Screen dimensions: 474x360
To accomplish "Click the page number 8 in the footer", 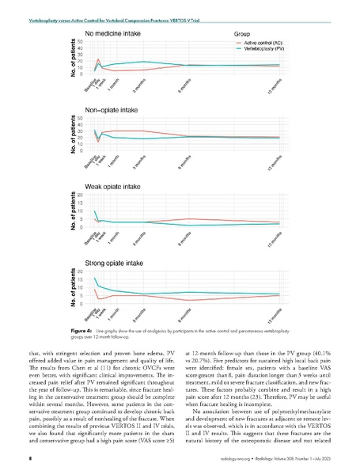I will click(x=29, y=457).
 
